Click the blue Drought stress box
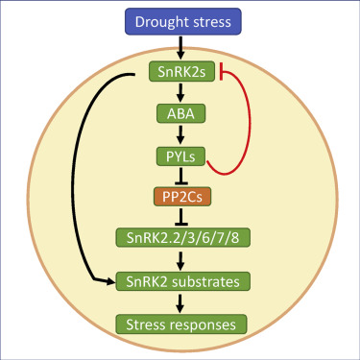[x=180, y=19]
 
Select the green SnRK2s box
[x=180, y=72]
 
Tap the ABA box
[x=180, y=113]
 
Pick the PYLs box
[x=180, y=155]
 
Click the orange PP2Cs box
[x=180, y=197]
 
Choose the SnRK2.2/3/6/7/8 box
[x=180, y=238]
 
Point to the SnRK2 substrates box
[x=180, y=281]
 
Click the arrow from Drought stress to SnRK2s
[x=180, y=46]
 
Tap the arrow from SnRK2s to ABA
[x=180, y=92]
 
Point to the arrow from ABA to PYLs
[x=180, y=134]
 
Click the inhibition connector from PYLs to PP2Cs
[x=180, y=176]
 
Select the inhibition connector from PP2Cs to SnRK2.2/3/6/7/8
[x=180, y=217]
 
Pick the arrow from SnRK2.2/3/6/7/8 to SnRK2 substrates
[x=180, y=259]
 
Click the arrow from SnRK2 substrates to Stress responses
[x=180, y=302]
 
